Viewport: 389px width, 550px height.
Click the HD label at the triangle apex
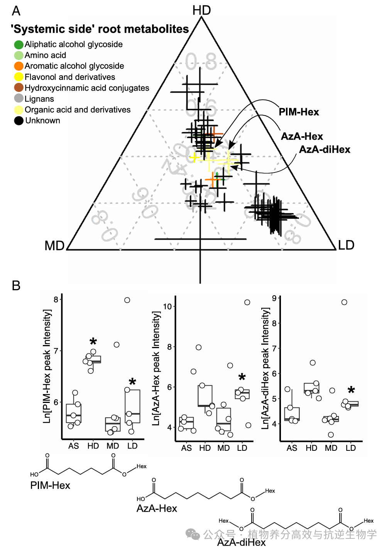tap(201, 10)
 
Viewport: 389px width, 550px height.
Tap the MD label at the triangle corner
tap(54, 245)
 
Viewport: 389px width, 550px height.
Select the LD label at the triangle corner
tap(346, 245)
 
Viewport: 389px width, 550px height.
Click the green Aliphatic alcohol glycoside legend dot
tap(19, 45)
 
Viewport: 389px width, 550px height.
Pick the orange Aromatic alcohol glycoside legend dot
tap(19, 66)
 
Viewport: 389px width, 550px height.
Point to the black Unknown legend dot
tap(19, 121)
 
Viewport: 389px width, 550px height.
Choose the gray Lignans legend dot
tap(19, 99)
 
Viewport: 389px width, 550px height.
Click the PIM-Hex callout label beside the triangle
tap(299, 112)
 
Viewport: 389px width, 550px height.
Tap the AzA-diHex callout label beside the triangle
tap(325, 150)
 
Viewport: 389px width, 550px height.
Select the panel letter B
tap(16, 286)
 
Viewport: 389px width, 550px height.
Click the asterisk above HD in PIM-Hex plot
tap(93, 342)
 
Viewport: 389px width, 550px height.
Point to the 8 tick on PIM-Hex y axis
tap(56, 300)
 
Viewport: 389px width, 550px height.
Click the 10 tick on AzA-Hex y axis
tap(167, 306)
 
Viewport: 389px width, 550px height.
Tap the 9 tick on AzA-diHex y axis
tap(274, 298)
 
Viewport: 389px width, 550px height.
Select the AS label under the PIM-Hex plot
tap(73, 446)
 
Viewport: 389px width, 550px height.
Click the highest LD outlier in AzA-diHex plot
tap(344, 302)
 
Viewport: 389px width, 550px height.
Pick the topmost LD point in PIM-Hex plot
tap(127, 300)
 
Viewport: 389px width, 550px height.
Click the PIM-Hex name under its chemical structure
tap(50, 486)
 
